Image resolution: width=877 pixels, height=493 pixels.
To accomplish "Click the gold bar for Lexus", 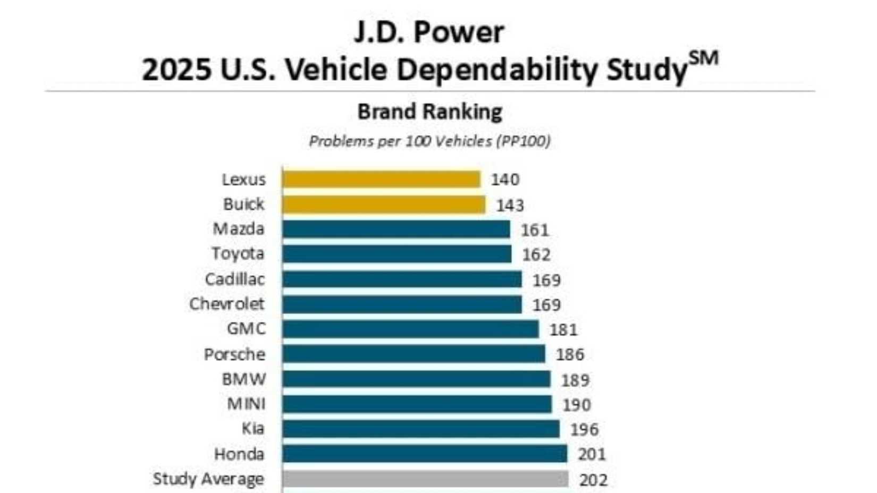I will click(381, 180).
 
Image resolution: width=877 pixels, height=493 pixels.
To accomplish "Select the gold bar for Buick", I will click(383, 205).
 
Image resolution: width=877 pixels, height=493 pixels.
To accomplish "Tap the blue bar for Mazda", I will click(396, 229).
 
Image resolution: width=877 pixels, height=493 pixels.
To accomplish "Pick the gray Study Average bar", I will click(425, 479).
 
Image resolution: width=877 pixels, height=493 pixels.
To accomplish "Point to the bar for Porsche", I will click(414, 354).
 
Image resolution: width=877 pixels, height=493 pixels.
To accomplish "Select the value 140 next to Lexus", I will click(504, 180).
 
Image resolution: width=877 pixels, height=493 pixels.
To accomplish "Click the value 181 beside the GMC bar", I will click(563, 330).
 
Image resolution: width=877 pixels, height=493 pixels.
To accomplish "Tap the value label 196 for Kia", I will click(584, 429).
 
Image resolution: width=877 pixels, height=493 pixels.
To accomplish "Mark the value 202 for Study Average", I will click(593, 480).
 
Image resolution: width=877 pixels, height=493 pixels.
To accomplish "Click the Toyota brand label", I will click(238, 254).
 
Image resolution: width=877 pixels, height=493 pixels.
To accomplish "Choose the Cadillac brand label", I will click(234, 279).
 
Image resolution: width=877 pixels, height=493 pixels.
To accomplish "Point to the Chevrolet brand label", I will click(226, 304).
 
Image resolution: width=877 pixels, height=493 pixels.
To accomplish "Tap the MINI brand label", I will click(246, 404).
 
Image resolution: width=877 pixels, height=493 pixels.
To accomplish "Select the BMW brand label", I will click(244, 379).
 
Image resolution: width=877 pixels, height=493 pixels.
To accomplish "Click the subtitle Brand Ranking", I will click(429, 112).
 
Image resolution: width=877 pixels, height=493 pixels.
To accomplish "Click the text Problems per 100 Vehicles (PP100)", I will click(429, 141).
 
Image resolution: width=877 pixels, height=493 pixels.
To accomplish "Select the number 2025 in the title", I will click(175, 70).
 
